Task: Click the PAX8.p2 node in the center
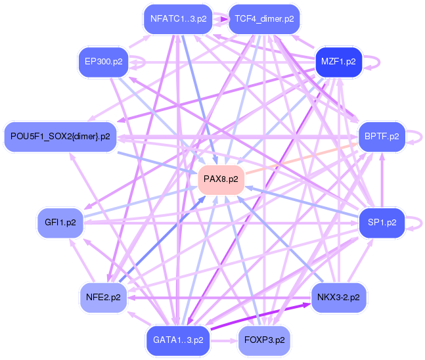click(221, 179)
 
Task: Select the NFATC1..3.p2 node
click(178, 19)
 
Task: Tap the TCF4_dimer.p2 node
click(263, 19)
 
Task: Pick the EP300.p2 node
click(104, 61)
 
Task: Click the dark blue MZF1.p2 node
click(338, 61)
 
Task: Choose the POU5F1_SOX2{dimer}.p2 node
click(60, 137)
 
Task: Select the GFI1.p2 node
click(60, 222)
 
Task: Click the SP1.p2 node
click(381, 222)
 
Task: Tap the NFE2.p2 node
click(103, 297)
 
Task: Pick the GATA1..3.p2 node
click(178, 340)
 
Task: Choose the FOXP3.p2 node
click(263, 340)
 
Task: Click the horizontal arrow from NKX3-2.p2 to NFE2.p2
click(217, 297)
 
